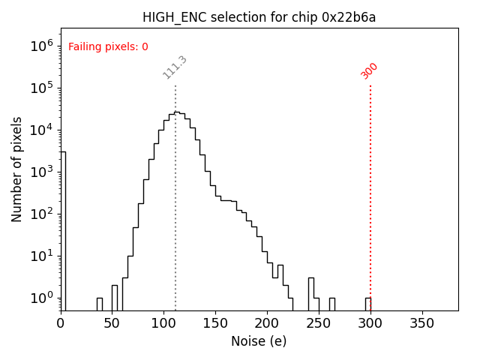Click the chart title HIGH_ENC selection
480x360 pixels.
(x=259, y=17)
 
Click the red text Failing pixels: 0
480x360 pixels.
(x=108, y=47)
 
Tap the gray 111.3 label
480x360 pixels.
(x=175, y=67)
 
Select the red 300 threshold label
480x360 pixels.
(x=370, y=70)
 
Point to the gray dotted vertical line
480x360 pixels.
(x=175, y=225)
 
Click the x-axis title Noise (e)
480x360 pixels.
(x=259, y=341)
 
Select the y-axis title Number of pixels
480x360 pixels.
(x=17, y=169)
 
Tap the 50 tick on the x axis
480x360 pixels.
(x=112, y=323)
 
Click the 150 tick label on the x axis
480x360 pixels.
(x=216, y=323)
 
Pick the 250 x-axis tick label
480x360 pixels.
(x=319, y=323)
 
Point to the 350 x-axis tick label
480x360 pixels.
(x=423, y=323)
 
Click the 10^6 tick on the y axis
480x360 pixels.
(x=42, y=46)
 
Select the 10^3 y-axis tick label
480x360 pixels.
(x=42, y=172)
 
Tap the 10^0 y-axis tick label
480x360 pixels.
(x=42, y=298)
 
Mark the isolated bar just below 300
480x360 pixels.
(x=368, y=304)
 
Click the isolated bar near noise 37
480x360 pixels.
(x=99, y=304)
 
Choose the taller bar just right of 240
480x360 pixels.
(x=310, y=294)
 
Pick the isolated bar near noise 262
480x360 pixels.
(x=331, y=304)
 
